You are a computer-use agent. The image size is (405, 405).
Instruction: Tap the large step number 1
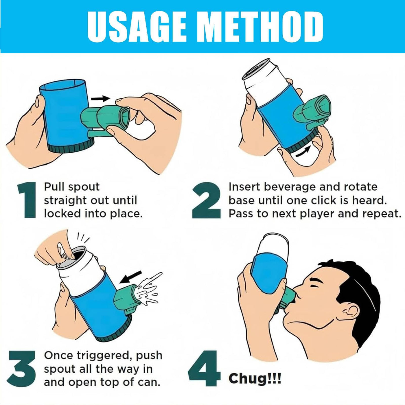(27, 200)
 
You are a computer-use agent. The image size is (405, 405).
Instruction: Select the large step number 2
(206, 200)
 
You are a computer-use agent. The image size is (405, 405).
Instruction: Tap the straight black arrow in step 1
(100, 98)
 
